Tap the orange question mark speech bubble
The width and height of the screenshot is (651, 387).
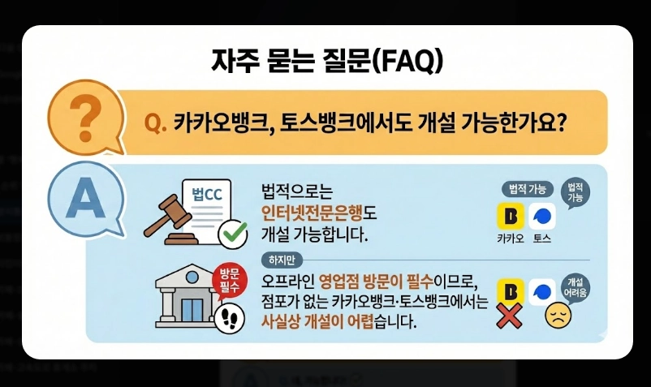pyautogui.click(x=84, y=117)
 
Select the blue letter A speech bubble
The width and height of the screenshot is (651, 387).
pyautogui.click(x=84, y=195)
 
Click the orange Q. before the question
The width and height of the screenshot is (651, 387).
pyautogui.click(x=154, y=123)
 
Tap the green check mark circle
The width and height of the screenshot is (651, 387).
pyautogui.click(x=234, y=234)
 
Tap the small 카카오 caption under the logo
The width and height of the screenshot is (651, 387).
pyautogui.click(x=510, y=240)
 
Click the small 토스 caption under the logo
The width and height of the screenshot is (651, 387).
pyautogui.click(x=541, y=240)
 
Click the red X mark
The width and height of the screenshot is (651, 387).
pyautogui.click(x=508, y=316)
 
